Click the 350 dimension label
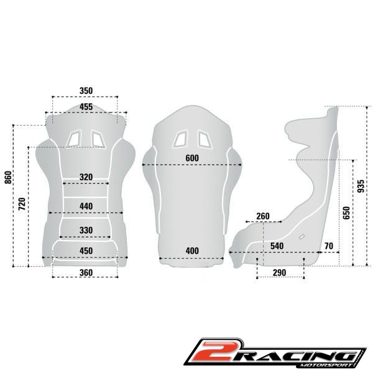point(86,91)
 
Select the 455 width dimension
point(86,107)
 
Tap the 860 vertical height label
point(8,179)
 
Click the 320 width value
point(86,177)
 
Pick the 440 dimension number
point(86,206)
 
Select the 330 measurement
point(86,230)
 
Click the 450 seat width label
point(86,251)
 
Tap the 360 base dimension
point(86,272)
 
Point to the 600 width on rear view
point(192,158)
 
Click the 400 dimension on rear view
point(192,251)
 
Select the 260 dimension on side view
point(262,216)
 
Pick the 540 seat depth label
point(277,246)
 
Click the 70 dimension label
point(328,246)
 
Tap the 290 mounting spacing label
point(280,273)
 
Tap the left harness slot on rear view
point(182,138)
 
